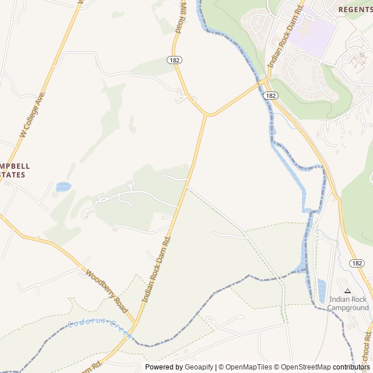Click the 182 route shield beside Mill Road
tap(175, 60)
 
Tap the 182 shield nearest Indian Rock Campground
tap(357, 263)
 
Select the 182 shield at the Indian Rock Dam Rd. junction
tap(270, 95)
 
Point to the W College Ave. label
tap(32, 114)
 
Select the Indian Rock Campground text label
tap(348, 304)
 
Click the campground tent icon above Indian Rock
tap(348, 290)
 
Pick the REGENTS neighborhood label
tap(355, 10)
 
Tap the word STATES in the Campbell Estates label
tap(13, 175)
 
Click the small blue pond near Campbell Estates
tap(63, 187)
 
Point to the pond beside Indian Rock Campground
tap(322, 291)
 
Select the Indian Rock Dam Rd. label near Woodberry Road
tap(156, 270)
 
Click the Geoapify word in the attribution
tap(199, 367)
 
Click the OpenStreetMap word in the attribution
tap(304, 367)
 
